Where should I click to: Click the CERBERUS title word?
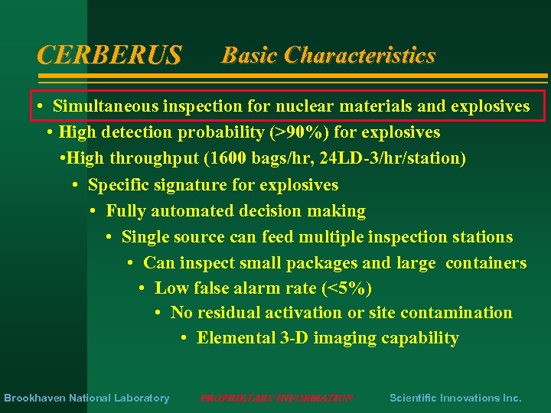click(x=109, y=55)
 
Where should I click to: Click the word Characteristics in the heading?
click(x=360, y=55)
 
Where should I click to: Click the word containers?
click(x=486, y=263)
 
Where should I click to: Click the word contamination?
click(x=457, y=313)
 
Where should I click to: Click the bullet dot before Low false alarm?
click(x=142, y=288)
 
